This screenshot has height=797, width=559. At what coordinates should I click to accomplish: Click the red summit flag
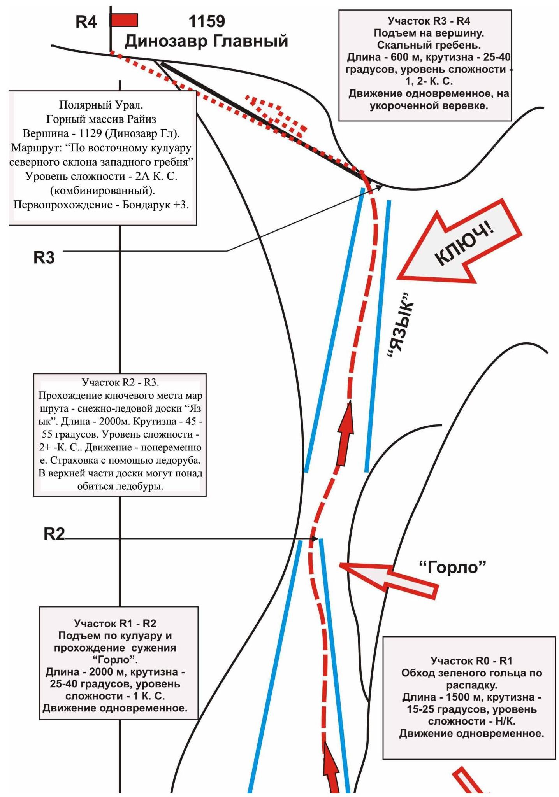tap(125, 20)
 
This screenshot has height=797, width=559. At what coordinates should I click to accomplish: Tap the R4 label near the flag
tap(86, 22)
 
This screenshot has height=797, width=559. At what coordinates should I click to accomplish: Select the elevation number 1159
tap(207, 21)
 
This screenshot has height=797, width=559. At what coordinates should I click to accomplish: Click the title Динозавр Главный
tap(206, 41)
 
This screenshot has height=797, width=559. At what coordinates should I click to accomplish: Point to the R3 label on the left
tap(44, 257)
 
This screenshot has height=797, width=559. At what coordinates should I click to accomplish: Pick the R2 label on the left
tap(54, 534)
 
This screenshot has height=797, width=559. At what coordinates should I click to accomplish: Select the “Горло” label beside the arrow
tap(453, 567)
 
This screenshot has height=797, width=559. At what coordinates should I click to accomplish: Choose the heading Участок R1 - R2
tap(115, 623)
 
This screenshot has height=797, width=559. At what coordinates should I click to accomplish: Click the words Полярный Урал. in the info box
tap(101, 105)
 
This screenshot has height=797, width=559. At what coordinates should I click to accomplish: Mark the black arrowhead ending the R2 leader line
tap(314, 539)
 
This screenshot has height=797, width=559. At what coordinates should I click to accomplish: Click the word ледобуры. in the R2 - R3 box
tap(141, 486)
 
